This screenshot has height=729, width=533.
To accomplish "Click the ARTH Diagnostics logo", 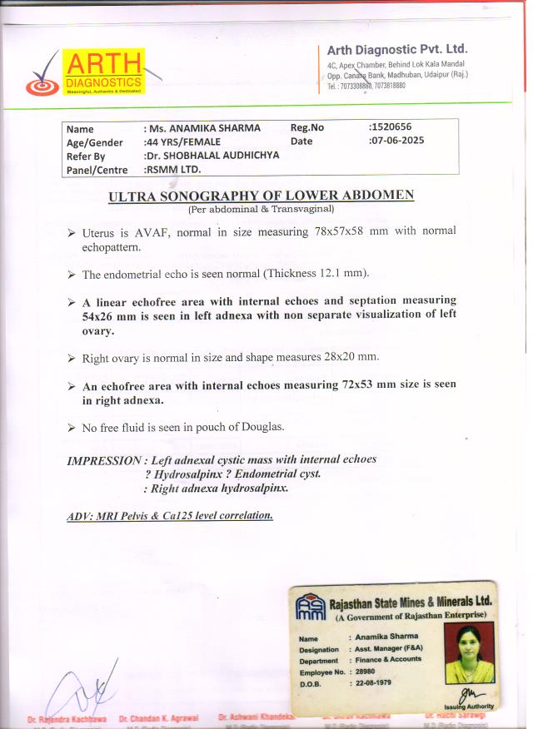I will (x=83, y=72).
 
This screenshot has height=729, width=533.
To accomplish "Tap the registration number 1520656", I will (x=391, y=127).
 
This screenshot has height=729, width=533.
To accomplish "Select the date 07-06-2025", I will (x=397, y=141).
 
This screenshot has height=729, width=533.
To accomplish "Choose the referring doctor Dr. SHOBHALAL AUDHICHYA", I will (x=211, y=156).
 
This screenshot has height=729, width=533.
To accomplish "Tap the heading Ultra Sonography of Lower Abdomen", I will (x=262, y=196).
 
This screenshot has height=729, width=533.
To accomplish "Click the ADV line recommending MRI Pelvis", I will (x=170, y=516).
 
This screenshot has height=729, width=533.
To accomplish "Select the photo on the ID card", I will (x=470, y=652).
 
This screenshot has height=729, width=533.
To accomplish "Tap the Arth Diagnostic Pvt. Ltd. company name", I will (x=396, y=49).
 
